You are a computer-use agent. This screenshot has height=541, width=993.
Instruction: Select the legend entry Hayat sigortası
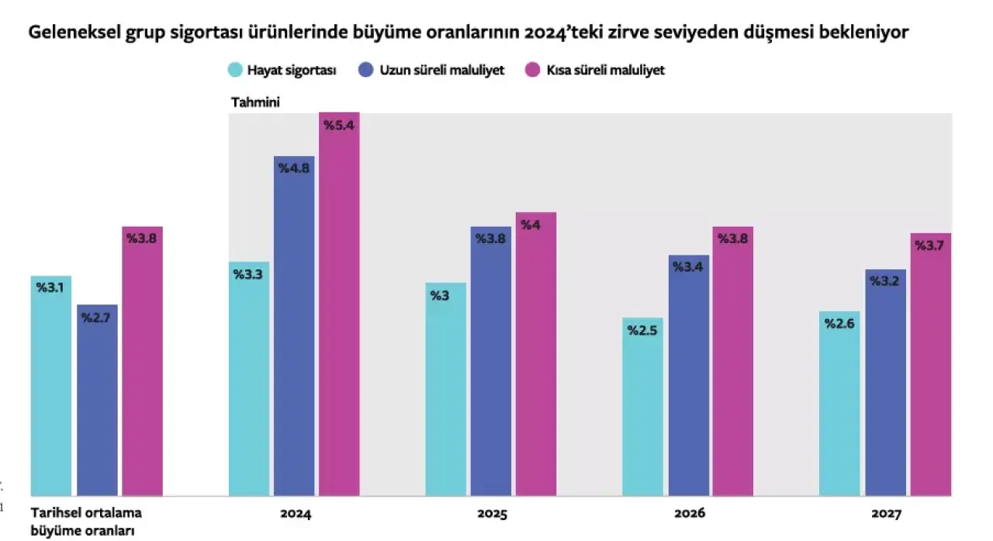tap(282, 70)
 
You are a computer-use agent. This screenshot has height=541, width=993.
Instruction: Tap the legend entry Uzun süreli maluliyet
tap(431, 70)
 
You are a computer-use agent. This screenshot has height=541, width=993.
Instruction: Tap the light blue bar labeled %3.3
tap(249, 380)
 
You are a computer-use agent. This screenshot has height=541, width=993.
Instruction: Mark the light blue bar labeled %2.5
tap(643, 407)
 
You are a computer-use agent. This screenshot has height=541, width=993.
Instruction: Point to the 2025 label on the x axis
tap(492, 514)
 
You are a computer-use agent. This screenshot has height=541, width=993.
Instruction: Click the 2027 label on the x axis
tap(886, 514)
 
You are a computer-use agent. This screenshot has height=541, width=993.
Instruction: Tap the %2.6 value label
tap(839, 324)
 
